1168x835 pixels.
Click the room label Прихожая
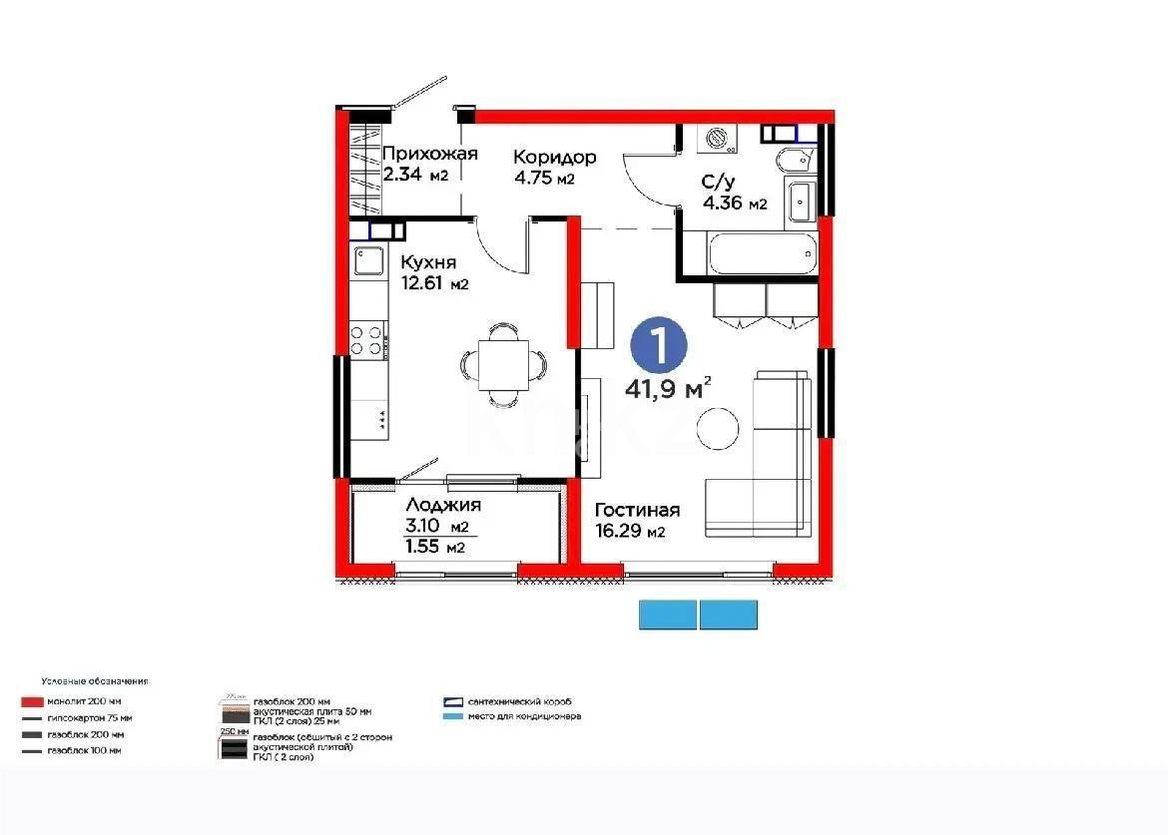[x=430, y=154]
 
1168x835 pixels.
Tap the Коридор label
[x=555, y=158]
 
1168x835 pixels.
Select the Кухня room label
[x=428, y=262]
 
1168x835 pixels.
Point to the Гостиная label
[x=638, y=510]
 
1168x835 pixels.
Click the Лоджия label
[x=443, y=505]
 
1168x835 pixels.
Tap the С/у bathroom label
[x=719, y=183]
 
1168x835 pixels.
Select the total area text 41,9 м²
[x=668, y=387]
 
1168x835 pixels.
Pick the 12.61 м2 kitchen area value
[x=434, y=284]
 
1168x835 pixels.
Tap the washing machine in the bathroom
[x=717, y=139]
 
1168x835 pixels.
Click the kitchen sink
[x=366, y=262]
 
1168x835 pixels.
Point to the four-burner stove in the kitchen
[x=367, y=339]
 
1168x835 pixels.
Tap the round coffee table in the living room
[x=718, y=429]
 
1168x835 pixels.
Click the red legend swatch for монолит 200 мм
[x=32, y=701]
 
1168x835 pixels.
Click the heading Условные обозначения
[x=95, y=681]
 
